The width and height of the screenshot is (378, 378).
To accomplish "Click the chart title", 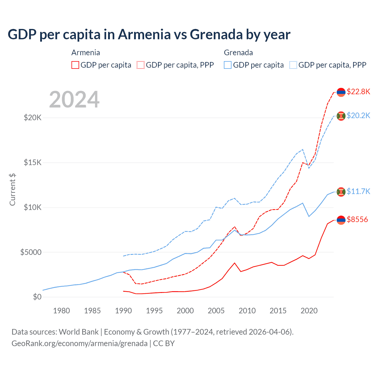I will point(149,35).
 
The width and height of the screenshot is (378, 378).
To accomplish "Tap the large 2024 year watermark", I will point(74,100).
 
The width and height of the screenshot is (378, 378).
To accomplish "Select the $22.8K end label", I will point(358,92).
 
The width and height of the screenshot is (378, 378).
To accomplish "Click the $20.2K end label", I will point(358,115).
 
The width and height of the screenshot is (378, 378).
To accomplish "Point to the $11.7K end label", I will point(358,191).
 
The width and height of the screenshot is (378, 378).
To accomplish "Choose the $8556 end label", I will point(357,219).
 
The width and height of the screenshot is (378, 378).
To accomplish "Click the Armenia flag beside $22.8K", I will point(341,92).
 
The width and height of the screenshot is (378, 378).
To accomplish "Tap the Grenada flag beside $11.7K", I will point(341,192).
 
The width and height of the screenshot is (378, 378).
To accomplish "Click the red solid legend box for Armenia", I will point(75,65).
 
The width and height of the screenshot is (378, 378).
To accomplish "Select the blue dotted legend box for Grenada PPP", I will point(293,65).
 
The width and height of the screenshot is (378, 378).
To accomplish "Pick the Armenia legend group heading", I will point(86,53).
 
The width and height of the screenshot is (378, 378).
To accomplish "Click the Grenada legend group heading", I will point(238,53).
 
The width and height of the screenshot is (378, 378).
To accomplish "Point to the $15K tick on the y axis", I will point(33,163).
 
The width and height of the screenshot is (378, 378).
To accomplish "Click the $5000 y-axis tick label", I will point(31,252).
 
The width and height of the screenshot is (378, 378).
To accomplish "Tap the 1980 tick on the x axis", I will point(61,311).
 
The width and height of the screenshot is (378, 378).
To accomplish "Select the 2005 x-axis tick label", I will point(216,311).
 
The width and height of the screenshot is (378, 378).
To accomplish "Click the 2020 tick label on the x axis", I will point(309,311).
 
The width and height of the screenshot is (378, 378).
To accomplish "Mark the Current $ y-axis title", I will point(12,189).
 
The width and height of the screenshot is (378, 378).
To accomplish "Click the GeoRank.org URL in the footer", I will point(79,343).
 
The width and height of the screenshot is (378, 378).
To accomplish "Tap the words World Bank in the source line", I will point(79,332).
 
